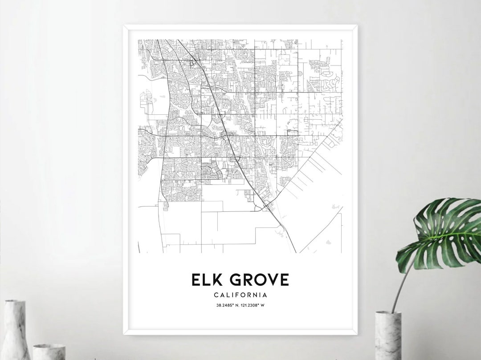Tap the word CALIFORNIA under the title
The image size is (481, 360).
click(240, 295)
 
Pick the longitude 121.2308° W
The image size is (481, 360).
click(254, 305)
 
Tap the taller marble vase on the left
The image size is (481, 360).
click(16, 329)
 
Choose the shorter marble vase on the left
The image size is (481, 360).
click(49, 352)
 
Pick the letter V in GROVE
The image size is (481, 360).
click(272, 279)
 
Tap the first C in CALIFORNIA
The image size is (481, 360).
click(216, 295)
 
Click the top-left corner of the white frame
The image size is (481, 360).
click(124, 26)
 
